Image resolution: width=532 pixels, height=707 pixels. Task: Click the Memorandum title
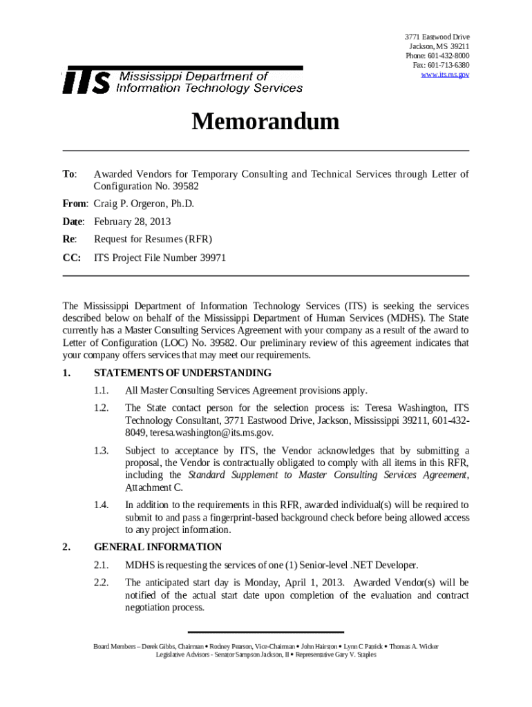point(265,122)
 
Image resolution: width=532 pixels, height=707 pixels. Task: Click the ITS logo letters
point(86,82)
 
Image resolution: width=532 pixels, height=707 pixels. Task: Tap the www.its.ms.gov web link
point(445,74)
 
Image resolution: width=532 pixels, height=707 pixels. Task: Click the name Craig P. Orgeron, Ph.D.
point(144,204)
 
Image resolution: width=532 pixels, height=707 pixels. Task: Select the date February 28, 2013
point(132,222)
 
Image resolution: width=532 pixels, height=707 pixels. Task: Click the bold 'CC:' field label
point(72,258)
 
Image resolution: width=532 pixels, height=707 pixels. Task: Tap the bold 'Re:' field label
point(70,240)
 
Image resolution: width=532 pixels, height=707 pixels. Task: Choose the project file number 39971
point(211,258)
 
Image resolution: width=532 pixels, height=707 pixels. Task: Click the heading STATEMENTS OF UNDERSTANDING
point(182,374)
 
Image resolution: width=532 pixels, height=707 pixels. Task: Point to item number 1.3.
point(102,451)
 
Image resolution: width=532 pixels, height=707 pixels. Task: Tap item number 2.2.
point(102,583)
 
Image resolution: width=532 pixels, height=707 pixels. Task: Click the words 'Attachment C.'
point(151,487)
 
